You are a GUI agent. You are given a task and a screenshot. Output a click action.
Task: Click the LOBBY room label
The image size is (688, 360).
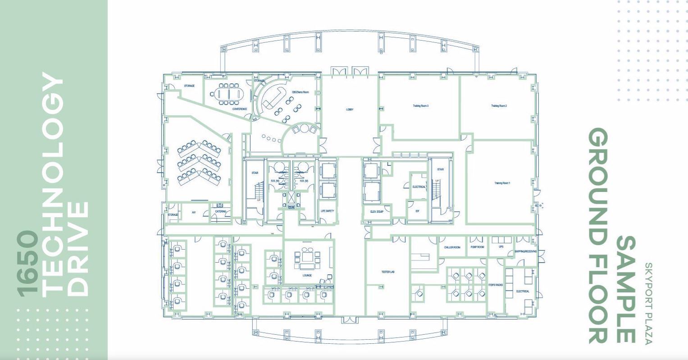pos(350,109)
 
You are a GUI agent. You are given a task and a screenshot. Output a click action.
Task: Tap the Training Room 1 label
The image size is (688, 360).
pos(502,183)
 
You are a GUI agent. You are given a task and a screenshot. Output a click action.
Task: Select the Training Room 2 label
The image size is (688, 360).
pos(499,106)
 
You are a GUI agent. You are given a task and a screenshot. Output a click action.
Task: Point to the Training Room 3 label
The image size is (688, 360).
pos(420,106)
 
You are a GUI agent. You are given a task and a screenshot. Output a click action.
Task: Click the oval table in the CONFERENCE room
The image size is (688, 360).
pos(229,94)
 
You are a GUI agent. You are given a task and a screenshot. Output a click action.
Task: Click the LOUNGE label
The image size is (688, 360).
pos(307,275)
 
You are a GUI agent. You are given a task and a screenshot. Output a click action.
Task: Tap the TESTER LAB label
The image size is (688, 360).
pos(388,272)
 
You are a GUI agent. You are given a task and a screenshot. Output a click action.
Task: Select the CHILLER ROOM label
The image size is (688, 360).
pos(452,247)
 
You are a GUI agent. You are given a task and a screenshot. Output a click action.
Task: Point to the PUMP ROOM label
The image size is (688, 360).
pos(477,247)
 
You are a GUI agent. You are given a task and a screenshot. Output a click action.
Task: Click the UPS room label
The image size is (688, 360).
pos(501,247)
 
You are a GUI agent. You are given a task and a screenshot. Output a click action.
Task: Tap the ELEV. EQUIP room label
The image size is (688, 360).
pos(377,211)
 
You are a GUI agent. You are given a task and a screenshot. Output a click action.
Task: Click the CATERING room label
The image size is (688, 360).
pos(220,211)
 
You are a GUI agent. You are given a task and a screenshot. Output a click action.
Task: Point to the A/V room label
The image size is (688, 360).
pos(194,212)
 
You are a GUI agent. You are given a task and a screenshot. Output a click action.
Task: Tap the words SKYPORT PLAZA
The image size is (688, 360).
pos(648,304)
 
